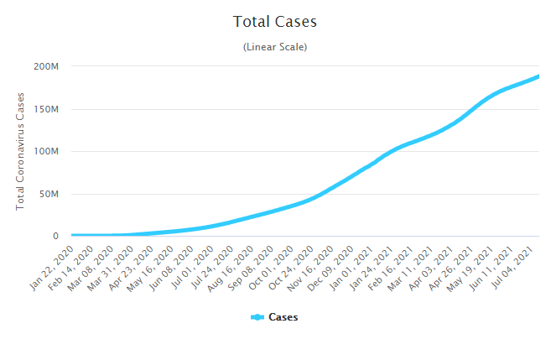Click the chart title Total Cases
click(275, 21)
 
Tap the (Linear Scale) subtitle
click(275, 47)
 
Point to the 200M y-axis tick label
click(46, 66)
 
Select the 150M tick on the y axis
click(46, 109)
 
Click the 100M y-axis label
click(46, 152)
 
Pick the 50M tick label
click(49, 194)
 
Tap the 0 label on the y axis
click(55, 237)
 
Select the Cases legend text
click(283, 317)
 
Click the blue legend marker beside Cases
click(257, 317)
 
